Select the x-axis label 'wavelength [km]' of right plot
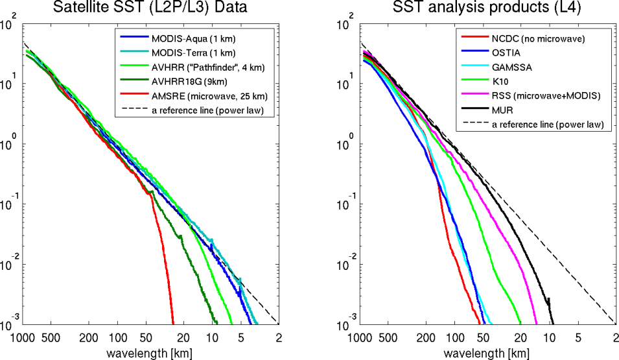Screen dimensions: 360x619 click(486, 352)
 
